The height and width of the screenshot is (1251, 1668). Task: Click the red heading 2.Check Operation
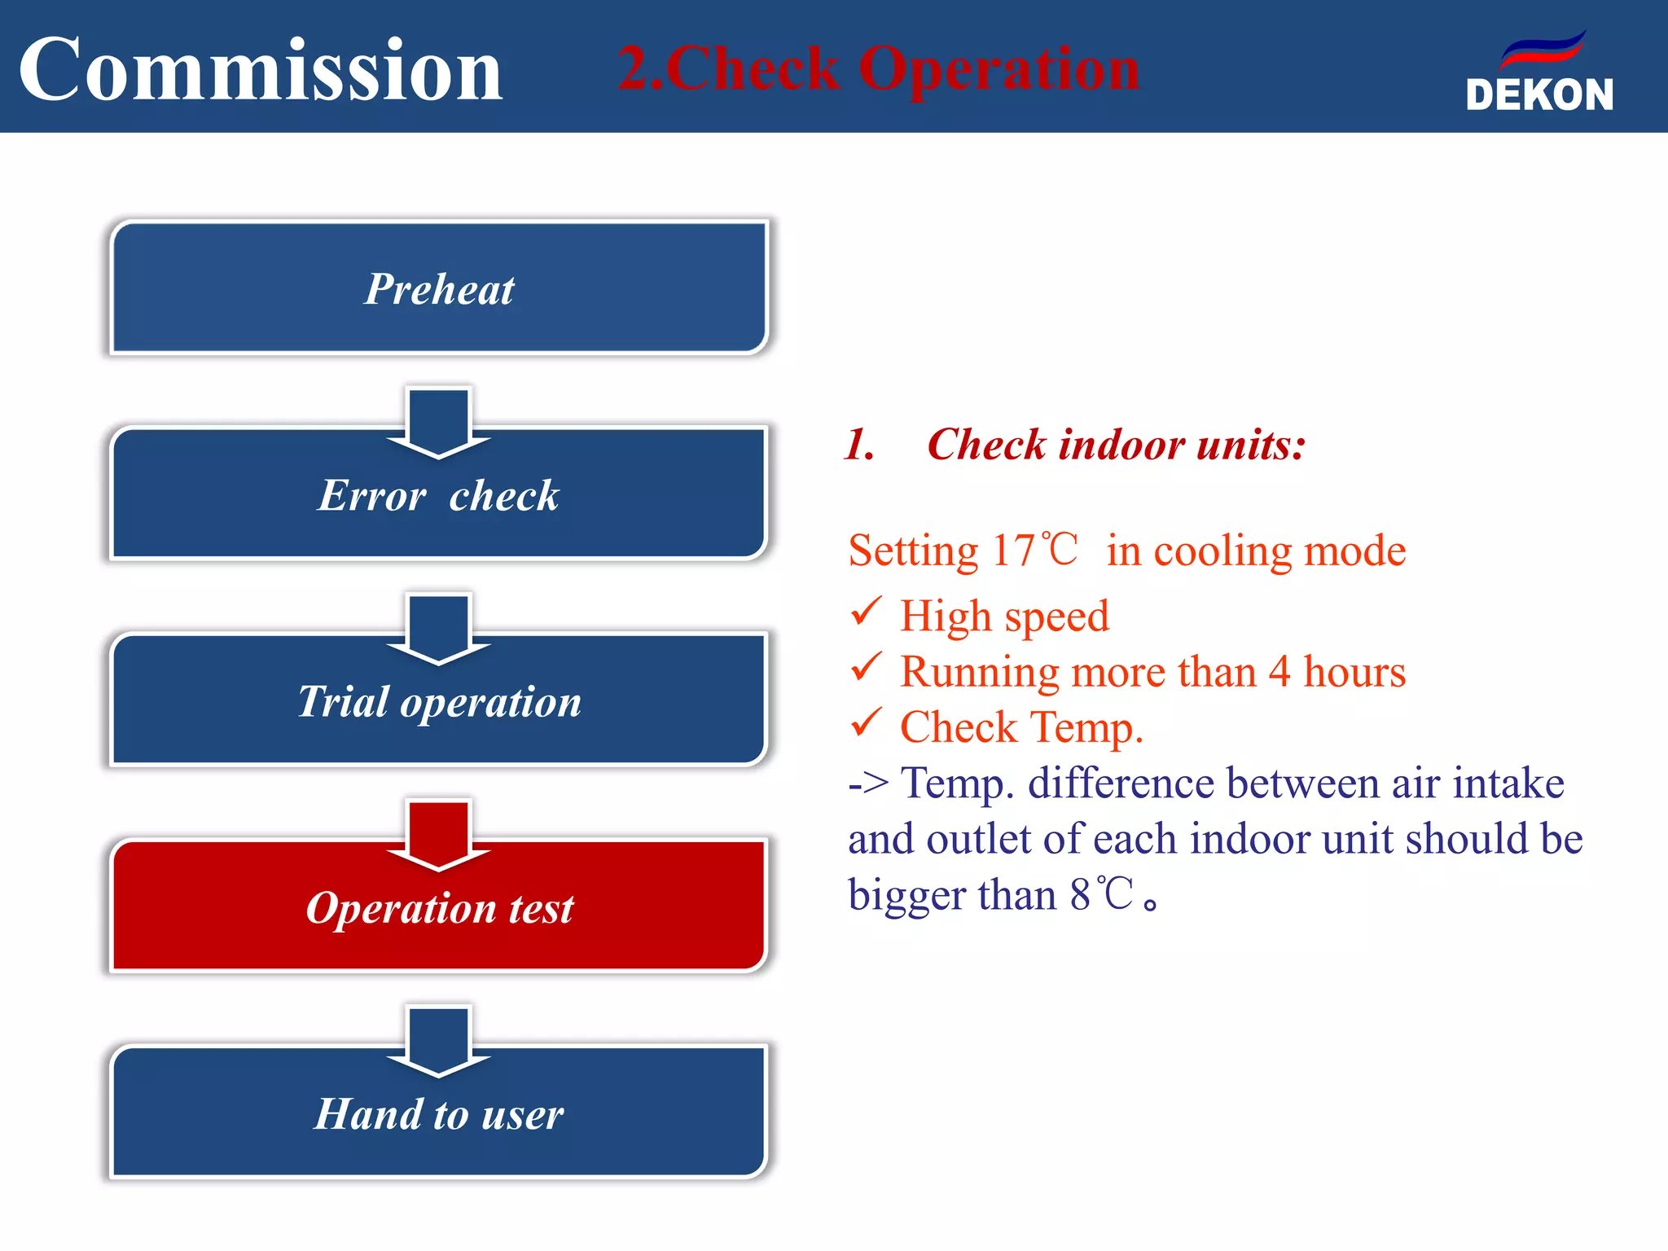point(878,68)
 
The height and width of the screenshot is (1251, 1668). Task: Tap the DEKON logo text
point(1539,95)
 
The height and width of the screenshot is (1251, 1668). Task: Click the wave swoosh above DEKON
point(1543,49)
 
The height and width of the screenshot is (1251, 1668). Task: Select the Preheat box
point(439,288)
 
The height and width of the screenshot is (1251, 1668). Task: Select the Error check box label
point(439,495)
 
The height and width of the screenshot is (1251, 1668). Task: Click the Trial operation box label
point(439,701)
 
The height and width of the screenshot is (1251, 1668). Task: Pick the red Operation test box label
point(439,907)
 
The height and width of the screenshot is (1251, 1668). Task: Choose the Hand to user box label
point(439,1113)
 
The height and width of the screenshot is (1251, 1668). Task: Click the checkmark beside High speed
point(866,611)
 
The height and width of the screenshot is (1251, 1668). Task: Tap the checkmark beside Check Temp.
point(866,722)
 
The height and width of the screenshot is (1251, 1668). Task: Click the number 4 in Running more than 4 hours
point(1280,672)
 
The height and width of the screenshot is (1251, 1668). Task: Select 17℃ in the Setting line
point(1034,551)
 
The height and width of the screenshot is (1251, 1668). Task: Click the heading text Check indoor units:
point(1116,445)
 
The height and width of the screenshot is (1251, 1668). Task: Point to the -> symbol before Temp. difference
point(867,784)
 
